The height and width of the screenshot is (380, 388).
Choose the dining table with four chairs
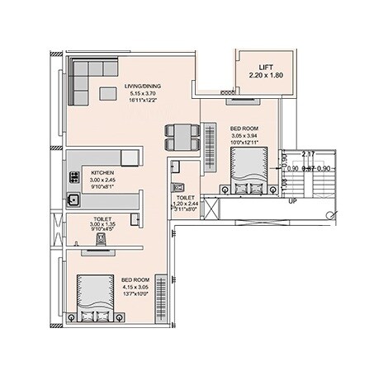click(182, 136)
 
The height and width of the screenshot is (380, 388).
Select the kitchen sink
click(73, 198)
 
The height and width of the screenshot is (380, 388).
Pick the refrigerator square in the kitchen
click(130, 157)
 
